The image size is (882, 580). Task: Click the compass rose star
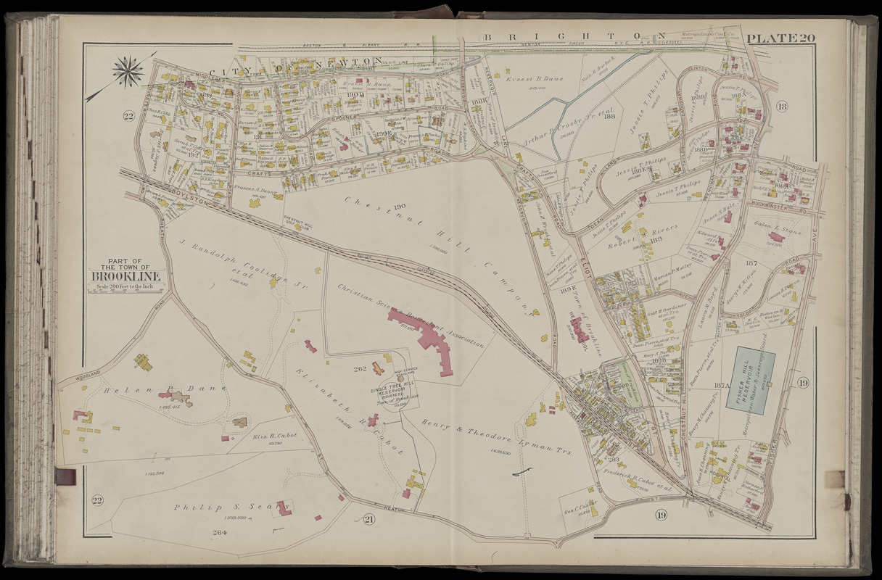[x=128, y=72]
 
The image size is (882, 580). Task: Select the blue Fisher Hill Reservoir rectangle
[x=754, y=383]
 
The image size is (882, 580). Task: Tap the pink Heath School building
[x=578, y=330]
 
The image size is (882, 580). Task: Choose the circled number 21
[x=369, y=518]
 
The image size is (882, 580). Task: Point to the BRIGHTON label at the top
[x=574, y=37]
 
